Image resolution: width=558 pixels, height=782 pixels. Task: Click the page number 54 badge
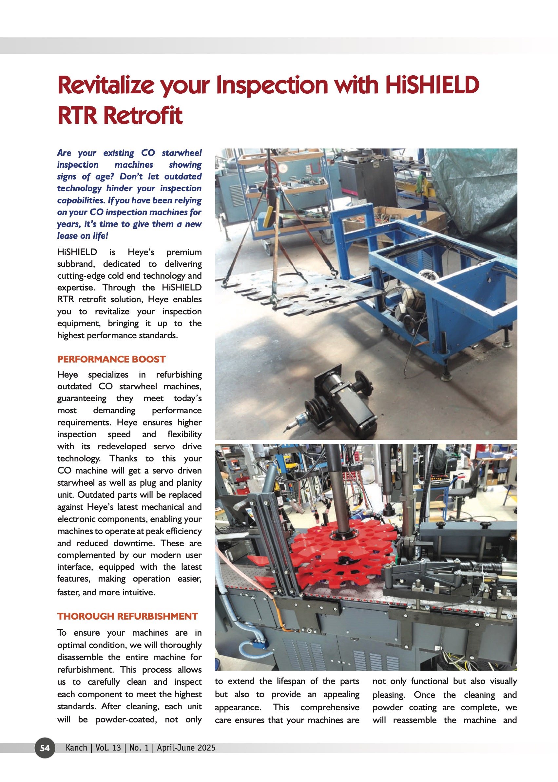(x=45, y=748)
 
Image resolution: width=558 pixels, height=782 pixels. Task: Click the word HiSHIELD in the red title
(x=432, y=85)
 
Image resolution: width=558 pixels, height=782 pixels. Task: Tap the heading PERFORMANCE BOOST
(x=111, y=359)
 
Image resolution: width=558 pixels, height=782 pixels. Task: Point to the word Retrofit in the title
(x=143, y=115)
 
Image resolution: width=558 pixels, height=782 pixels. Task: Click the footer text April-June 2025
(x=186, y=748)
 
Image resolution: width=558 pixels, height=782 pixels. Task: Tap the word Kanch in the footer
(x=76, y=748)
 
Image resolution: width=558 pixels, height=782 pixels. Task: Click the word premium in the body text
(x=184, y=252)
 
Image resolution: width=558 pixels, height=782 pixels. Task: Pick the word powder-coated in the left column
(x=126, y=719)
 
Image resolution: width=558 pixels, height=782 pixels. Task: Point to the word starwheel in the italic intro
(x=182, y=153)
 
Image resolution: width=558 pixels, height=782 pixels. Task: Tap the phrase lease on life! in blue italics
(x=83, y=236)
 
